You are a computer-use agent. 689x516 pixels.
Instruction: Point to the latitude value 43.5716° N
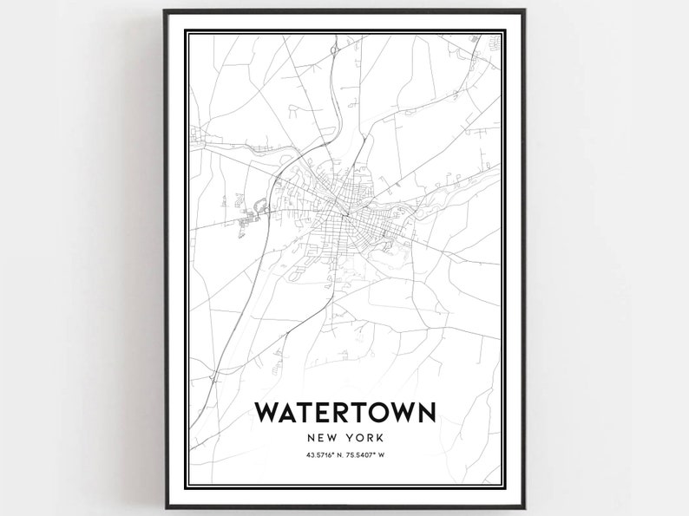coord(322,456)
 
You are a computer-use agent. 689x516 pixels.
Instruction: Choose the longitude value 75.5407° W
coord(366,456)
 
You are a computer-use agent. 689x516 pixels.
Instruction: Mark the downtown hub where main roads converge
coord(344,213)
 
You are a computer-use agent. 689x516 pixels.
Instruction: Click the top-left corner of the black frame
coord(164,12)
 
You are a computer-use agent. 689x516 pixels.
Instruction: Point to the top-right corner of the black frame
coord(525,12)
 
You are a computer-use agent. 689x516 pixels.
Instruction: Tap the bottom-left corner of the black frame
coord(164,504)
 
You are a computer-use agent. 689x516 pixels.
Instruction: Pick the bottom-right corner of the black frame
coord(525,504)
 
